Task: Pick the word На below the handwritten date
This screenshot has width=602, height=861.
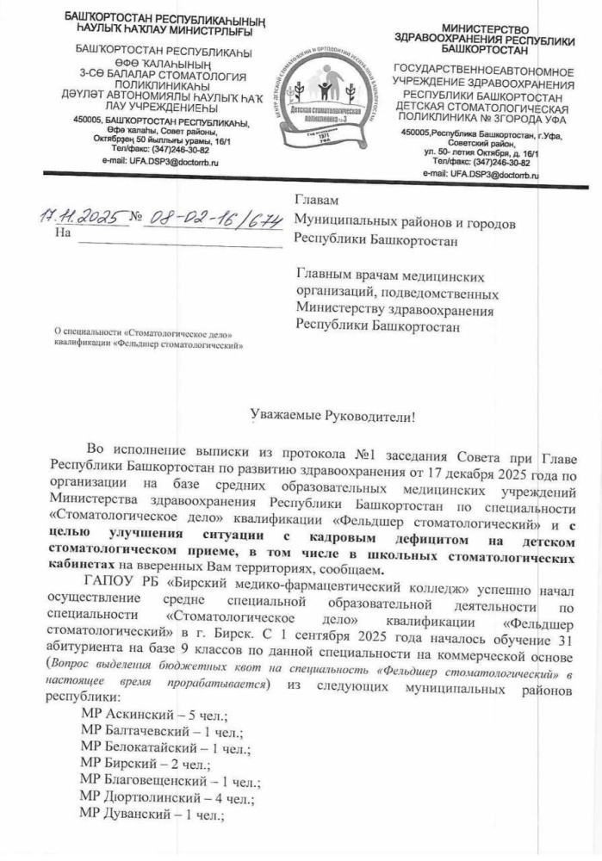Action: click(60, 233)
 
